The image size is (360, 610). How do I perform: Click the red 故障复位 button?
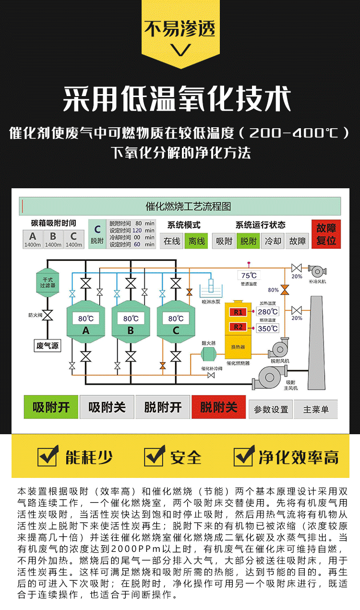(x=326, y=234)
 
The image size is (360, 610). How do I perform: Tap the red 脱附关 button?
(x=219, y=408)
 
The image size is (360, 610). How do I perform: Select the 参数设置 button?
(x=271, y=409)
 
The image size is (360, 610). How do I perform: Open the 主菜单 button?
(x=316, y=409)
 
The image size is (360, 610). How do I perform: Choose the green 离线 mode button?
(x=197, y=241)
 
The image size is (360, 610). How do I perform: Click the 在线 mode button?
(x=172, y=241)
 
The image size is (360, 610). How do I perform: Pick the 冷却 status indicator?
(x=273, y=241)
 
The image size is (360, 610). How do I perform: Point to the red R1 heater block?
(x=239, y=312)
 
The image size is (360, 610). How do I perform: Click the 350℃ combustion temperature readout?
(x=268, y=329)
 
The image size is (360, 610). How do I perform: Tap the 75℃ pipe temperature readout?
(x=249, y=275)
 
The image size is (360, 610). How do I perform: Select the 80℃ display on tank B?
(x=131, y=318)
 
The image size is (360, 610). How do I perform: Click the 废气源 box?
(x=48, y=345)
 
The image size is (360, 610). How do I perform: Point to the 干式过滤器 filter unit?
(x=48, y=282)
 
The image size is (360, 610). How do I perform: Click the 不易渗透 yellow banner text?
(x=180, y=29)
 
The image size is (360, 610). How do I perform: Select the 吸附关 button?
(x=107, y=408)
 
